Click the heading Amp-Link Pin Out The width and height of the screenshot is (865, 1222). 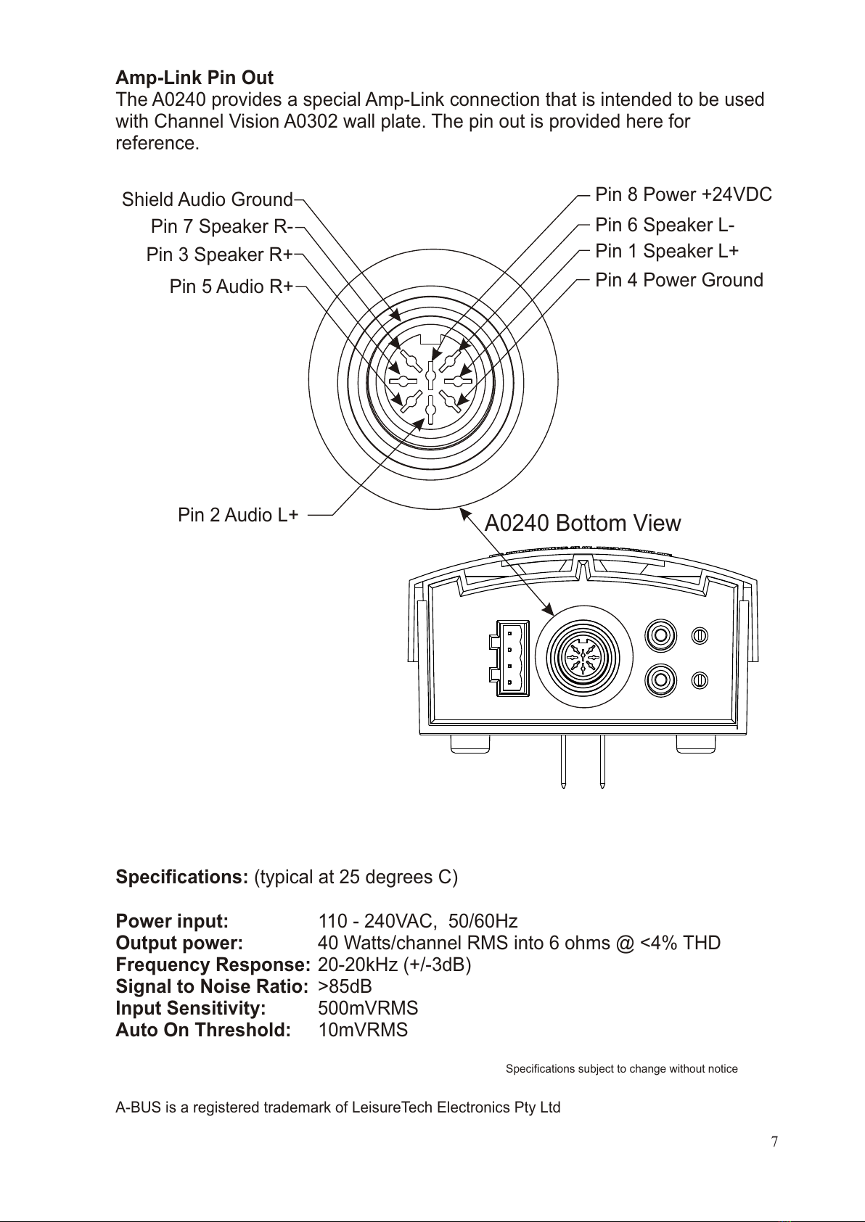click(194, 78)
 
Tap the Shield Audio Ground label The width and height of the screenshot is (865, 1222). click(207, 199)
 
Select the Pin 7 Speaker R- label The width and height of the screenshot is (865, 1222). click(221, 227)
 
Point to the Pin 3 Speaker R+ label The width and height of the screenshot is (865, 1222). click(219, 255)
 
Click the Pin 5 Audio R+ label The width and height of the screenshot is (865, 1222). click(231, 286)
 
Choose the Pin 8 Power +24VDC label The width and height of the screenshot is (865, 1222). click(683, 194)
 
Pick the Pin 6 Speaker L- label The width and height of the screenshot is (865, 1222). click(665, 225)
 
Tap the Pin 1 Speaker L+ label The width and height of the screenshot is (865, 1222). click(666, 251)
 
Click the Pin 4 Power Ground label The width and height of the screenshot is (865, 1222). click(679, 280)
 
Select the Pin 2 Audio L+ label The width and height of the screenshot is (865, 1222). click(238, 515)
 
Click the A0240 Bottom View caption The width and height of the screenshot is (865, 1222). click(582, 523)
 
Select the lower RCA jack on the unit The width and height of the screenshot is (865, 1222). click(661, 680)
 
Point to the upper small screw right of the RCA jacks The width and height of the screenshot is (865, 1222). click(699, 635)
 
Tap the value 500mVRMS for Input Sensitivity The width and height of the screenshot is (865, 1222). click(368, 1008)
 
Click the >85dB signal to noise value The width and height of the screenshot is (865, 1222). click(345, 986)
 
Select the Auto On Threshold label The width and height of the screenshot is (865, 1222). click(203, 1030)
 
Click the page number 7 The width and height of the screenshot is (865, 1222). click(774, 1142)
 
